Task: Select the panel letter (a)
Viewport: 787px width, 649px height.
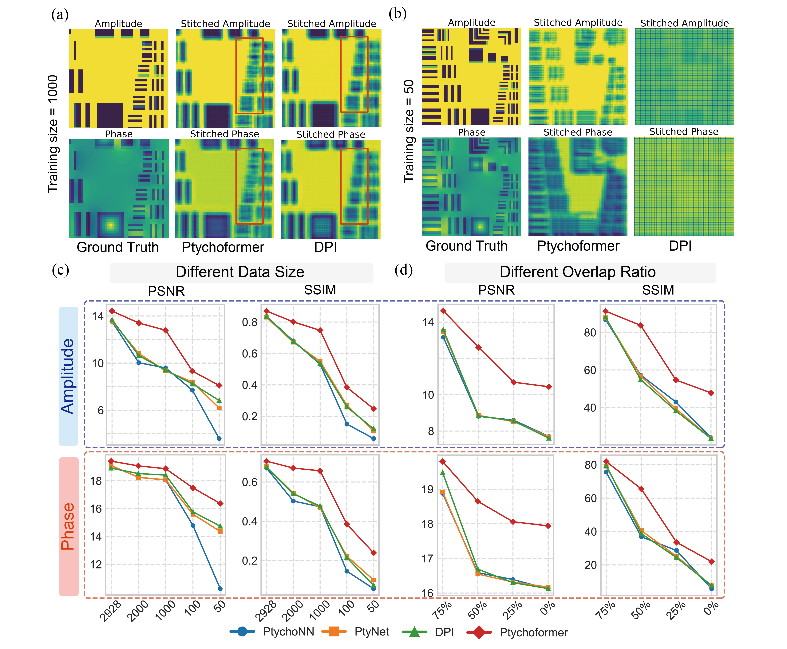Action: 60,15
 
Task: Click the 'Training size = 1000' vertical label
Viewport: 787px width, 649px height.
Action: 53,134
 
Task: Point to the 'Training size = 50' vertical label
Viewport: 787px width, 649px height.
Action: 409,131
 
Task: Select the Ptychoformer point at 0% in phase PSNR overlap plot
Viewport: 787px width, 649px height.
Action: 548,526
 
